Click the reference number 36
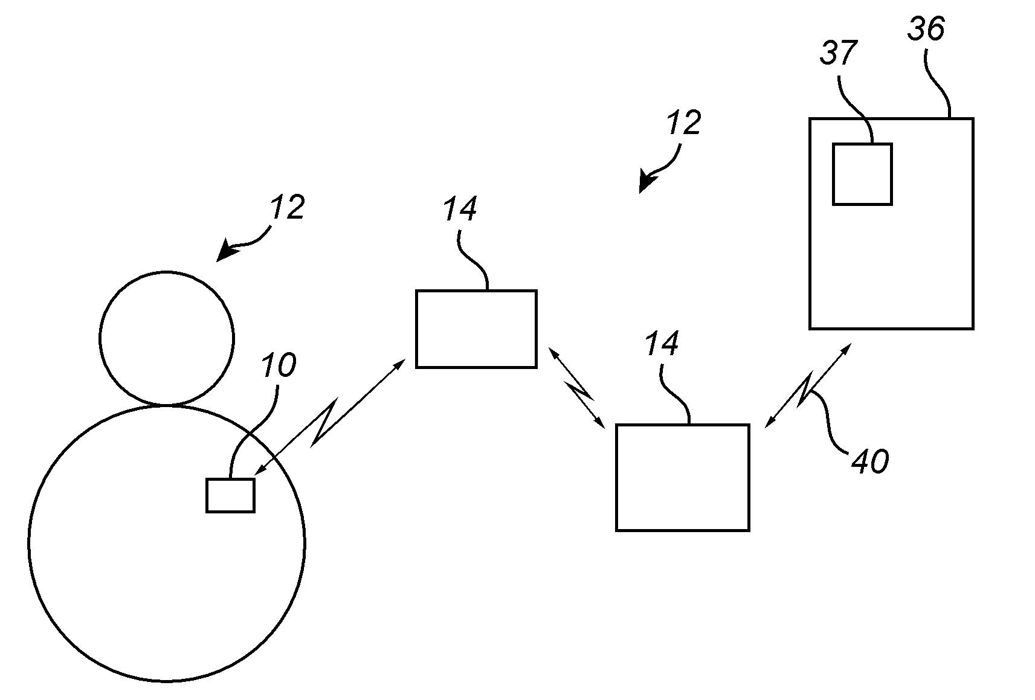tap(926, 29)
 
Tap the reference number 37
tap(838, 53)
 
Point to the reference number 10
tap(279, 365)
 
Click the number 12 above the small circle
tap(287, 207)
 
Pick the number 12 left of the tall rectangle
tap(683, 123)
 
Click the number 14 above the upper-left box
tap(460, 210)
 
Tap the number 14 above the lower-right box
tap(661, 344)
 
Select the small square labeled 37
tap(862, 174)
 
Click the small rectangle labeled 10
tap(230, 495)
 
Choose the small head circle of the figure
tap(166, 338)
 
